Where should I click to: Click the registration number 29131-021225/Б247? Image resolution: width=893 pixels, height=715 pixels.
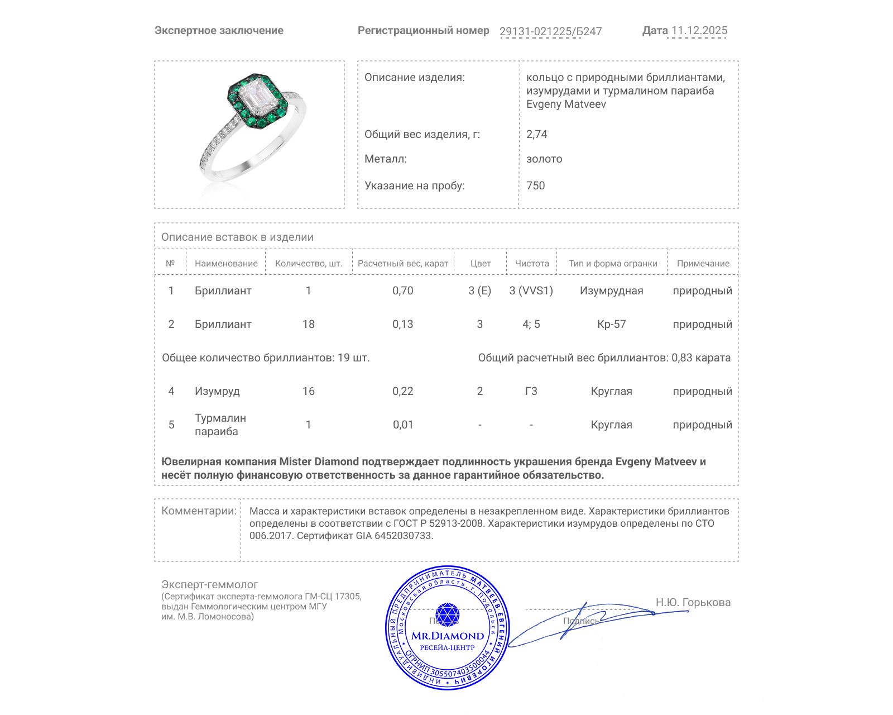click(x=550, y=31)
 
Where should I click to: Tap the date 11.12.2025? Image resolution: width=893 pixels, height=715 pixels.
click(x=699, y=31)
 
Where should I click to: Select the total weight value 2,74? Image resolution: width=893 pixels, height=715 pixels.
click(x=536, y=134)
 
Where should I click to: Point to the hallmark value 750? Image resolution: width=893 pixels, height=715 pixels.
click(x=535, y=185)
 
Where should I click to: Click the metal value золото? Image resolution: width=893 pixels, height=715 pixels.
click(x=544, y=159)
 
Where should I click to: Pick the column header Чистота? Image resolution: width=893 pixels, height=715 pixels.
click(x=531, y=263)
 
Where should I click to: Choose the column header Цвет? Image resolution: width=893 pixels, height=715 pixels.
click(x=480, y=263)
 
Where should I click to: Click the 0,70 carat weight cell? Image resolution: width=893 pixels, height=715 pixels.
click(x=402, y=290)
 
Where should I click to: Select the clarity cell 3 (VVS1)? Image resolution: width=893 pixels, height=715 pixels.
click(x=531, y=290)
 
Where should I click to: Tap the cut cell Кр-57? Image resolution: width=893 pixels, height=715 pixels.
click(x=611, y=324)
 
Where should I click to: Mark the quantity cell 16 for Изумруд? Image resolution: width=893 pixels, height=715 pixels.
click(x=308, y=391)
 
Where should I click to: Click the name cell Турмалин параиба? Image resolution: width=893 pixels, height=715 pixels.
click(x=220, y=425)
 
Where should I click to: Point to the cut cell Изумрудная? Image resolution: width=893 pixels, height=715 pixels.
click(x=611, y=290)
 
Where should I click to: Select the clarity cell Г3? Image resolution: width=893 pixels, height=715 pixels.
click(x=531, y=391)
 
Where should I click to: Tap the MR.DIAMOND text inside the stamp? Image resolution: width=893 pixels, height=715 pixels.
click(x=448, y=636)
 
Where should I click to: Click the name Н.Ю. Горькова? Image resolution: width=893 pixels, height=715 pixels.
click(x=693, y=602)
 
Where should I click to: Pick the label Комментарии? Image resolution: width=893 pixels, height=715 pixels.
click(x=199, y=511)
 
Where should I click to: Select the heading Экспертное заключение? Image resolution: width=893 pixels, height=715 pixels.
click(x=219, y=31)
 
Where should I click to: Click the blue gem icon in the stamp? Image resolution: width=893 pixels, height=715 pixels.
click(x=447, y=614)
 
